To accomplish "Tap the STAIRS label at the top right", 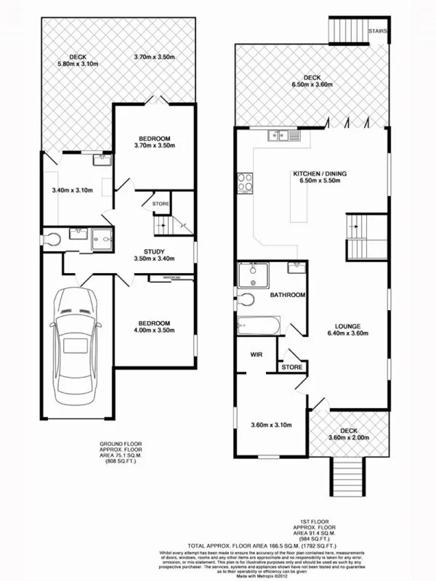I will click(377, 31).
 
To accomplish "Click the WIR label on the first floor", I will click(256, 355).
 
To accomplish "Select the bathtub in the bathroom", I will click(259, 325).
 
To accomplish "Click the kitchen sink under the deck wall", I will click(278, 135).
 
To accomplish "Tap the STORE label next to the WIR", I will click(291, 368).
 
